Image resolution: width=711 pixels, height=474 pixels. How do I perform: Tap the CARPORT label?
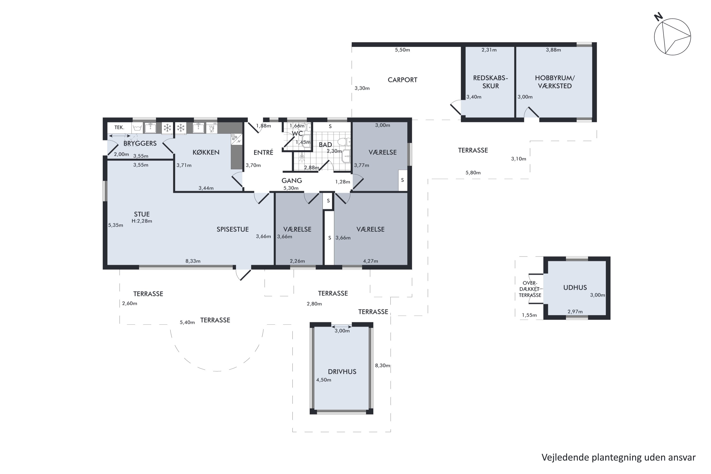(x=402, y=80)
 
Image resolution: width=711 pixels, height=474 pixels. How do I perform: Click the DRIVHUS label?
(x=342, y=372)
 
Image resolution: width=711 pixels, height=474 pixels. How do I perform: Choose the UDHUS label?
(x=575, y=287)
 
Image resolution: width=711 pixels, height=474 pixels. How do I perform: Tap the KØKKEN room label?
(x=206, y=152)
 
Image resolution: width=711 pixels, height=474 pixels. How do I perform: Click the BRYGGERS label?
(x=140, y=143)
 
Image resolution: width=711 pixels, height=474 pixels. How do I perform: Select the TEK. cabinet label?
(x=119, y=128)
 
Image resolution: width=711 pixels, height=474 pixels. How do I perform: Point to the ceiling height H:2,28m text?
(x=142, y=221)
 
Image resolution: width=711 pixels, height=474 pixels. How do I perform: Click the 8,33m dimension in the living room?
(x=193, y=261)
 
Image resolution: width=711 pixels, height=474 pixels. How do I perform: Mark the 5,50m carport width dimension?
(x=402, y=50)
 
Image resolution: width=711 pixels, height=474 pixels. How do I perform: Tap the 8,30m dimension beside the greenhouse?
(x=383, y=365)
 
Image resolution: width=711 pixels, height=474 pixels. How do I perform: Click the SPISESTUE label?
(x=232, y=229)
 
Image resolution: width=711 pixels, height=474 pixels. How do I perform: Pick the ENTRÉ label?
(x=263, y=152)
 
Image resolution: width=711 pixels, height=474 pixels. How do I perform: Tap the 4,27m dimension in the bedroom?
(x=370, y=261)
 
